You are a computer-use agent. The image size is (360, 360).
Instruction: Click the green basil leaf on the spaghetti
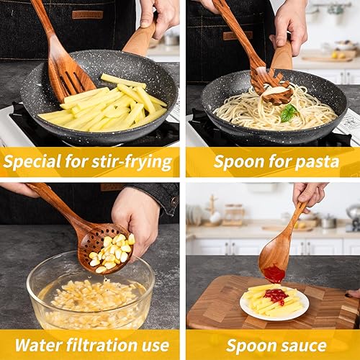point(289,112)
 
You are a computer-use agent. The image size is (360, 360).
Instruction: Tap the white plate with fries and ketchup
point(274,302)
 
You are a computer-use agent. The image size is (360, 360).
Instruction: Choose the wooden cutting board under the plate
point(216,306)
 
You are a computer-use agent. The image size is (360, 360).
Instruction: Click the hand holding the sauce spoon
point(310,193)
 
